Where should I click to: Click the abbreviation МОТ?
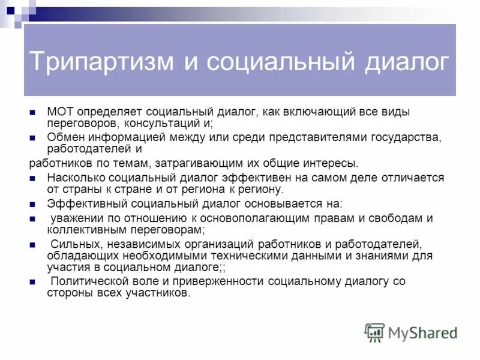59,112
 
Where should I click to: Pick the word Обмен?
63,138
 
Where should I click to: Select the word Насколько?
75,178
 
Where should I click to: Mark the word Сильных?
71,244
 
